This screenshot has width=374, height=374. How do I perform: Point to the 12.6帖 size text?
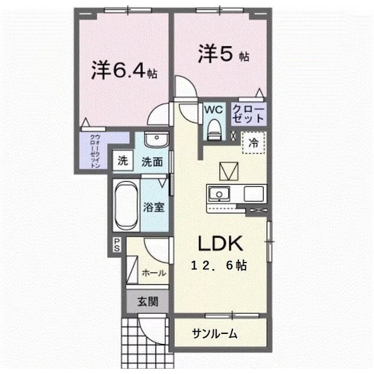click(218, 265)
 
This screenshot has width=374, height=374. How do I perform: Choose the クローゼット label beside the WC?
click(249, 112)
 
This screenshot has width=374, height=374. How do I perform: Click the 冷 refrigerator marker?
click(254, 142)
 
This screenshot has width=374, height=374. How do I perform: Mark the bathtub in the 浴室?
click(126, 204)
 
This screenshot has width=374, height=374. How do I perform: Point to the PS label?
click(117, 245)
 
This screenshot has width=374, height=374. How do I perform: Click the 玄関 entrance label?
click(148, 302)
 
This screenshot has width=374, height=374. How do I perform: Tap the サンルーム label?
click(215, 333)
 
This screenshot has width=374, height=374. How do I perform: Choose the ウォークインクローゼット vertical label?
click(95, 151)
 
